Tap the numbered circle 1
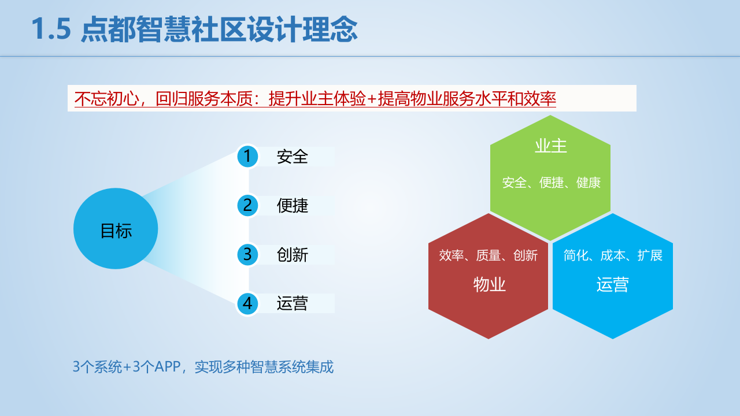pos(247,156)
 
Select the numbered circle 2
pos(247,205)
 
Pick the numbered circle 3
pos(247,254)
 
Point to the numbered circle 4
pos(247,303)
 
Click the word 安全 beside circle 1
pos(293,157)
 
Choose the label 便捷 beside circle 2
pos(293,206)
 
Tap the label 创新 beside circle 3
pos(293,255)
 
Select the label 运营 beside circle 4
pos(293,304)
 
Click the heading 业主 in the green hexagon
pos(550,146)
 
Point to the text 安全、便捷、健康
pos(551,183)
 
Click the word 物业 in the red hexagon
pos(489,284)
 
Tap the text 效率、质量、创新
pos(488,255)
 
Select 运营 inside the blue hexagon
pos(612,284)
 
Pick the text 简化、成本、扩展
pos(613,255)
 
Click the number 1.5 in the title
pos(51,29)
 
